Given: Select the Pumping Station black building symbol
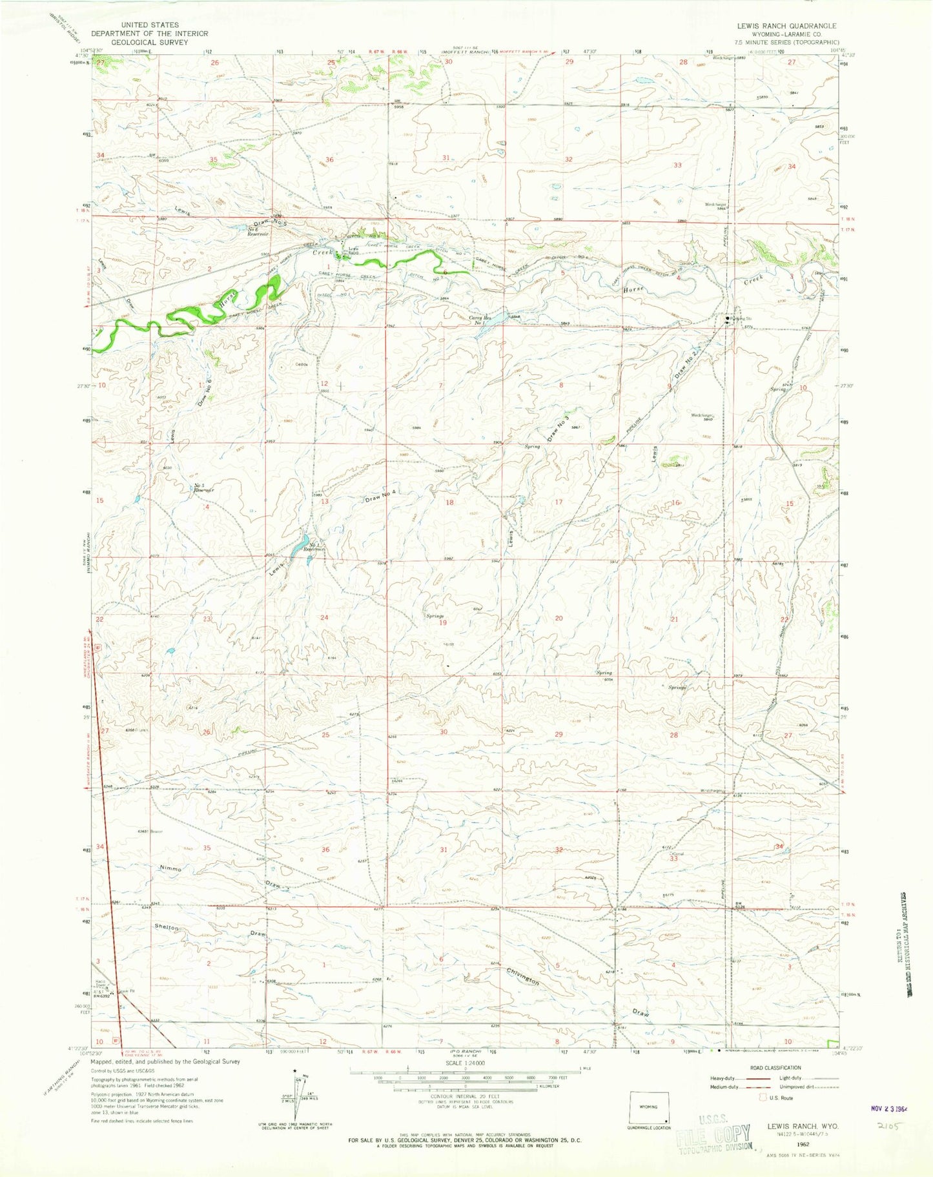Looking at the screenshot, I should [x=728, y=318].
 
